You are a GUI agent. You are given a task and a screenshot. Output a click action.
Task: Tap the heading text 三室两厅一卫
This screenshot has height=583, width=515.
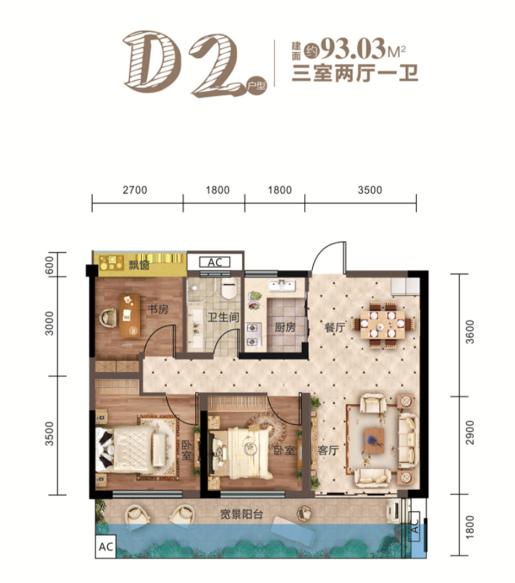point(355,75)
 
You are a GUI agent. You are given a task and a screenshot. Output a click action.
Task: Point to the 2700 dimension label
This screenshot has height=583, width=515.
point(136,190)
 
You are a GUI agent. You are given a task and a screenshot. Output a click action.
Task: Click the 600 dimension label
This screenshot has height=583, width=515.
point(49,265)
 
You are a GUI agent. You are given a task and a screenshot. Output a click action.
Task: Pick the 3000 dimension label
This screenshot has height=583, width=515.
point(49,326)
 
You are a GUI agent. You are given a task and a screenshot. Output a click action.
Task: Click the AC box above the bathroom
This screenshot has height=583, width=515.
point(214,262)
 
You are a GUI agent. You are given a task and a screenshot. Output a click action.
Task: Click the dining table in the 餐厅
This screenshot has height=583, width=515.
point(386,323)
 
